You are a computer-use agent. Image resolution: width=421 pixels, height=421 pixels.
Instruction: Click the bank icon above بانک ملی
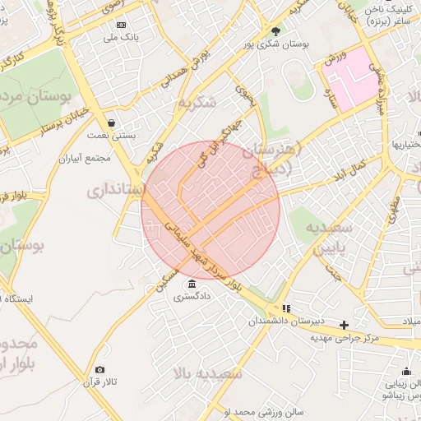(x=122, y=25)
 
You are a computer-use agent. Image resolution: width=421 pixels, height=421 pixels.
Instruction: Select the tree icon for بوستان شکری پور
(x=275, y=32)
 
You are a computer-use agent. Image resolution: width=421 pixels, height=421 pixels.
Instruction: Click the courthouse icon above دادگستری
(x=192, y=284)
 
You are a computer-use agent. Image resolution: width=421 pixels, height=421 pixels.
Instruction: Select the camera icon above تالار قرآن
(x=100, y=370)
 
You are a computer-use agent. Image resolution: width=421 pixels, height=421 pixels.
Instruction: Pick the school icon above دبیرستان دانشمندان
(x=285, y=309)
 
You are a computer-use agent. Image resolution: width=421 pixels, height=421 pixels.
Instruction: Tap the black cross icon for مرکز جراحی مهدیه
(x=345, y=325)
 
